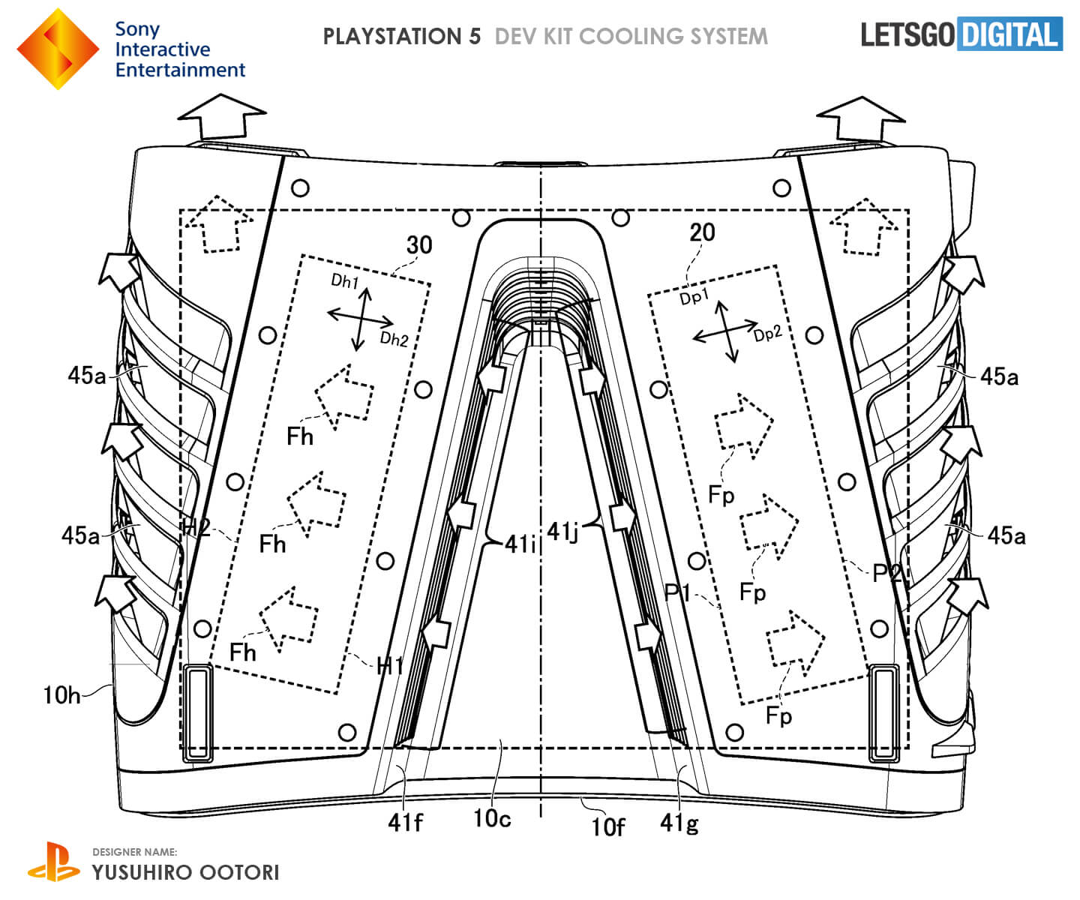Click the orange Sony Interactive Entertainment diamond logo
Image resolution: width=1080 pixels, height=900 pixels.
(58, 49)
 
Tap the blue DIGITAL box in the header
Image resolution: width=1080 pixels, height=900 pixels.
(1009, 34)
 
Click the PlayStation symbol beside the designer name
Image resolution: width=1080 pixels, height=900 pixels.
(53, 862)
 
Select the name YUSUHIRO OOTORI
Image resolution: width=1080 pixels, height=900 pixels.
(185, 872)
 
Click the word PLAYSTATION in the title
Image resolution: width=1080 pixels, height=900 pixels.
(401, 36)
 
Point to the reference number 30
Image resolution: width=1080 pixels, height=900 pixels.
(419, 244)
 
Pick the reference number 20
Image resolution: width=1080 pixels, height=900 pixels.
(702, 232)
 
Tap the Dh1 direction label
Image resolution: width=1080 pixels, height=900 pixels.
(345, 281)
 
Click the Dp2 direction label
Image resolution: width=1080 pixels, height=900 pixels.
(768, 334)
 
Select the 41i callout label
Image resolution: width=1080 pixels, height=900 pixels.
(519, 544)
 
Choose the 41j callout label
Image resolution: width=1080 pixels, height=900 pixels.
(562, 532)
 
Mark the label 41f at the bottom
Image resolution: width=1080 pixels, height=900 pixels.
(405, 823)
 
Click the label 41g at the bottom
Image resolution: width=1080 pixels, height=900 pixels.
(679, 823)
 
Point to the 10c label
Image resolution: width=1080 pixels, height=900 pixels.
(492, 818)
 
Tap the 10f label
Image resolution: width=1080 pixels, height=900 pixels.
(607, 826)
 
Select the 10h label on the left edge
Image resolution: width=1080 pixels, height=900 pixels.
(61, 695)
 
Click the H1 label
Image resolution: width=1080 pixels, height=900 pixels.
(390, 665)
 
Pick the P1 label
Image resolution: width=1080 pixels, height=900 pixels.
(678, 592)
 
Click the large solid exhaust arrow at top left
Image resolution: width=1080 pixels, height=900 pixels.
(221, 118)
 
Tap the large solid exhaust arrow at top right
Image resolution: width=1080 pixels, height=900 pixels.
(860, 118)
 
